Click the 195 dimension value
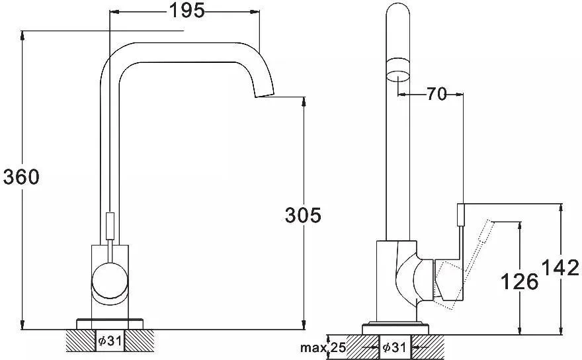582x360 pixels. click(187, 11)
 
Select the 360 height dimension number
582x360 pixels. click(21, 177)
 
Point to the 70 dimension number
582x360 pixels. click(436, 94)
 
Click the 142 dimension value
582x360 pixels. click(560, 267)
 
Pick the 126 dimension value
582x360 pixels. click(519, 281)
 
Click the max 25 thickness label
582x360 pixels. click(323, 347)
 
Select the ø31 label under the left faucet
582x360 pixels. click(110, 340)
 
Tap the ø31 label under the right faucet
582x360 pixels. click(394, 347)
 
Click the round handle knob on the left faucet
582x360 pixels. click(110, 280)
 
